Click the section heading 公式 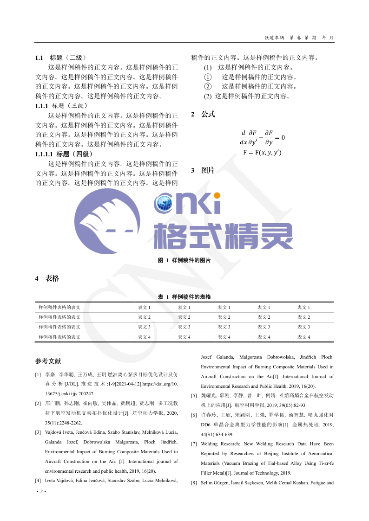208,114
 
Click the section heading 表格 52,278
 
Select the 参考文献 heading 48,361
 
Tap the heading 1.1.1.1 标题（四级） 64,154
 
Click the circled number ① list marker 208,77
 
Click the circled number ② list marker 208,86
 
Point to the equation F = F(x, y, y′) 262,153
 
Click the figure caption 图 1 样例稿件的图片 184,261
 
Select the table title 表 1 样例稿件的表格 184,296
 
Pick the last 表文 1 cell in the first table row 303,308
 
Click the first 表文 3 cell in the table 144,327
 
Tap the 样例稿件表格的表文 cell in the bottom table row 59,337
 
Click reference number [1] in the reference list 38,374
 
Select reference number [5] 194,396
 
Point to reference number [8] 194,483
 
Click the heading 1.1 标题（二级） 60,58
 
